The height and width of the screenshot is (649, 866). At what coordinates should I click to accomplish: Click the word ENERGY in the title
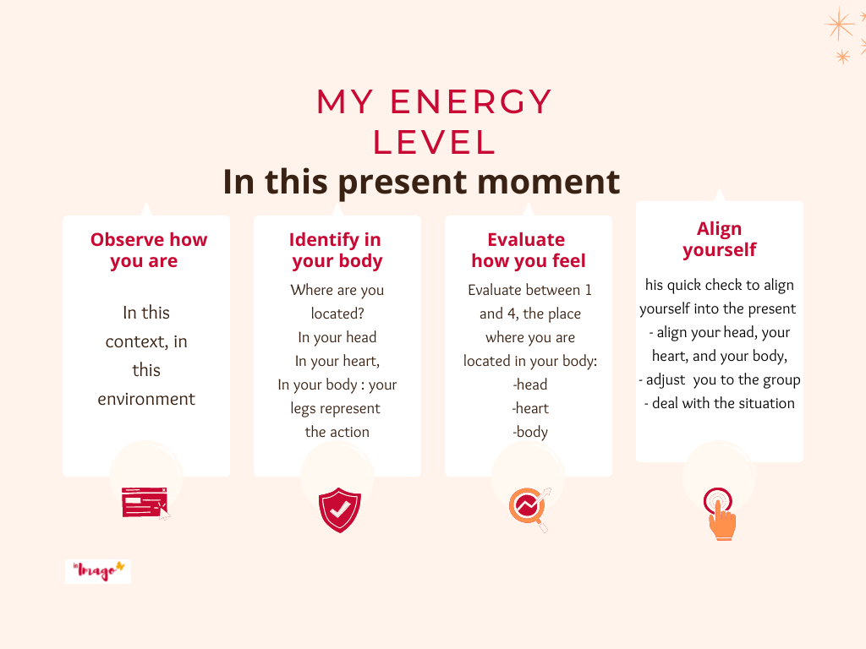click(471, 101)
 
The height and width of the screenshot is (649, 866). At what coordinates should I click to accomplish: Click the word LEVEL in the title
click(434, 142)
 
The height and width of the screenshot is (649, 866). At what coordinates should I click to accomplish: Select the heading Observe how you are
click(149, 250)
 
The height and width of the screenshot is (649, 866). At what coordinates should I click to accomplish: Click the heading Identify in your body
click(337, 250)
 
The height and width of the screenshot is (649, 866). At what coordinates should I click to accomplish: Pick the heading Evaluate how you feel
click(528, 250)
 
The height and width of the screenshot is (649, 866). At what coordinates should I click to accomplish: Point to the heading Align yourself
click(719, 239)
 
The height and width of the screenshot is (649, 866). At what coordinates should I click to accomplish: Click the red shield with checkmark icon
click(340, 510)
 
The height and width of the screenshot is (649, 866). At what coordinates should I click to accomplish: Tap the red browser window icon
click(145, 503)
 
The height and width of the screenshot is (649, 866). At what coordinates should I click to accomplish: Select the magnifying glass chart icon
click(529, 508)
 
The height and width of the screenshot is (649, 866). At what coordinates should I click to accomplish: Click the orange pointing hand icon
click(720, 514)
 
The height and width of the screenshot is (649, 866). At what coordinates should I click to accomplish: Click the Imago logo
click(98, 571)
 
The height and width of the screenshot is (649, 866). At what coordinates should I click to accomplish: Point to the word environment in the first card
click(146, 399)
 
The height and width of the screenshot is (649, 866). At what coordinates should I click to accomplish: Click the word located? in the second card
click(337, 314)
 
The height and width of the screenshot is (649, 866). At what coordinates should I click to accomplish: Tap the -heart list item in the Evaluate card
click(530, 408)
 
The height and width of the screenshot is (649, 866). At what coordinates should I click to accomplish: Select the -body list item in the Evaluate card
click(530, 432)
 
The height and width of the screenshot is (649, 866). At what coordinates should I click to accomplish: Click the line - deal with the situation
click(719, 403)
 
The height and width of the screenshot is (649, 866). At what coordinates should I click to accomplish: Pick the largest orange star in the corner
click(839, 25)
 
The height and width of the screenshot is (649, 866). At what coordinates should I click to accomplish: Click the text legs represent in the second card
click(335, 408)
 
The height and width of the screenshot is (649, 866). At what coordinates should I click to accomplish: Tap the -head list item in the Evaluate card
click(530, 384)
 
